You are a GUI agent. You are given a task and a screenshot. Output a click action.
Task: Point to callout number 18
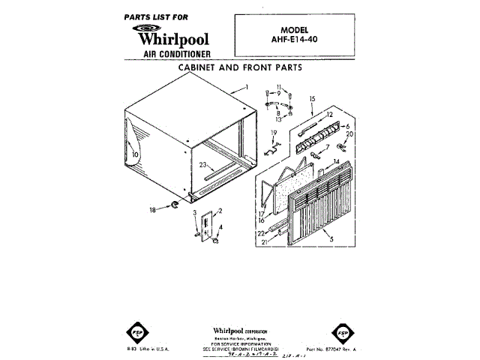coord(153,211)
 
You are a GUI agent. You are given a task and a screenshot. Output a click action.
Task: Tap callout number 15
coord(312,98)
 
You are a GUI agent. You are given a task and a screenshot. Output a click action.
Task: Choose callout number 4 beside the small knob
coord(220,226)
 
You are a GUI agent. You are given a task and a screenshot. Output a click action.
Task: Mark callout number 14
coord(337,161)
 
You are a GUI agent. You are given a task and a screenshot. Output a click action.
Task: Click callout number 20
coord(349,134)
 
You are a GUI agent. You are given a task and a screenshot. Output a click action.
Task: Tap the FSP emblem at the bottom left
coord(127,332)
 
